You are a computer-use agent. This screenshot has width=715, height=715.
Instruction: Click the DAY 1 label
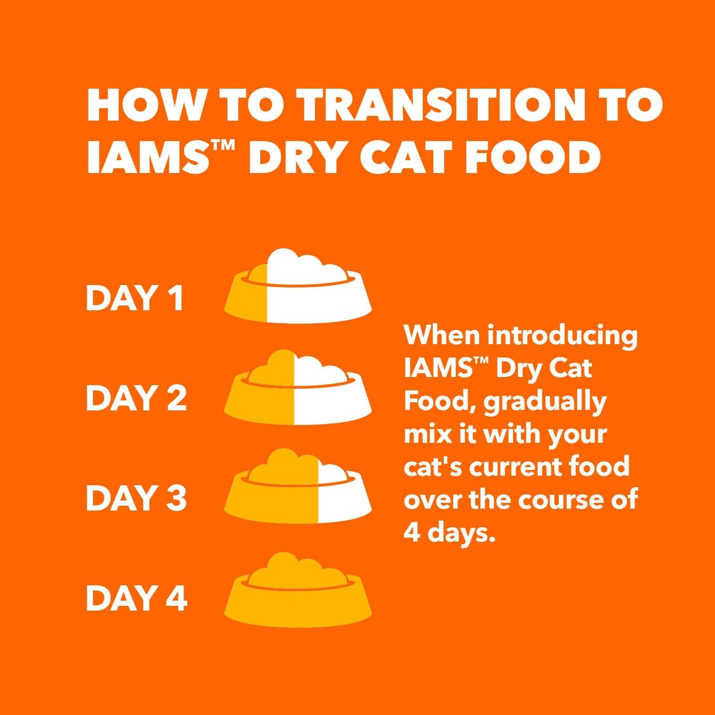135,298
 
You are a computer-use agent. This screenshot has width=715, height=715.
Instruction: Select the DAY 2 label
136,398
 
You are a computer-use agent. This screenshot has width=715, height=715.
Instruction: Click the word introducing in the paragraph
562,336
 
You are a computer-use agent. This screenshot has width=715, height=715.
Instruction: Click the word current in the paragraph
515,468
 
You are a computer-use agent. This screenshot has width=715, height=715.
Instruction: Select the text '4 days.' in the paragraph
449,532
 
